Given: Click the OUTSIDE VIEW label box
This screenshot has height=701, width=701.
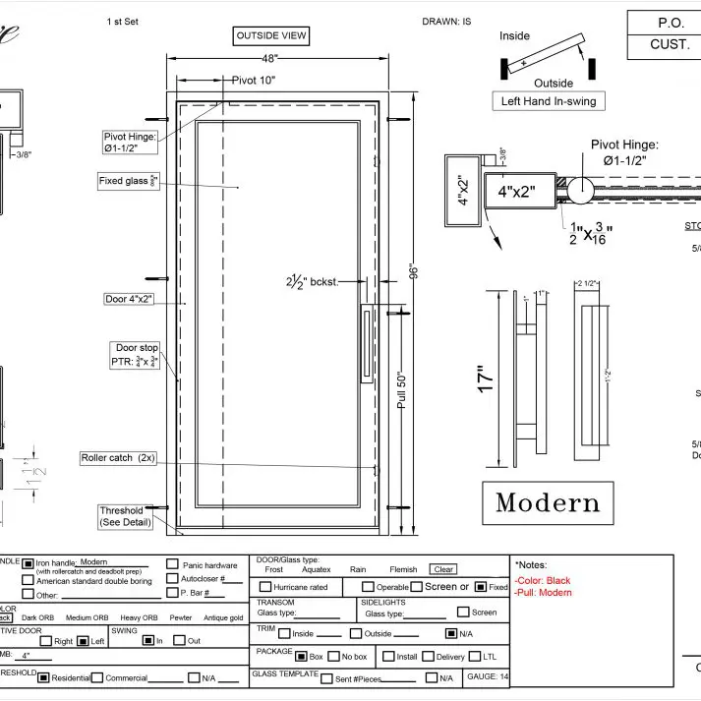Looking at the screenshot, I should pos(271,36).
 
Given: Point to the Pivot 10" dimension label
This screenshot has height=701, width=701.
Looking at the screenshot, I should pos(254,80).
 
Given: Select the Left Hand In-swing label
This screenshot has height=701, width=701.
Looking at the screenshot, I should pos(548,101).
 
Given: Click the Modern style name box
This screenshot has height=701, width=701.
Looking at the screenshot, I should pos(548,503).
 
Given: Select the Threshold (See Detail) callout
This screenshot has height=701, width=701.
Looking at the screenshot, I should pos(121,516).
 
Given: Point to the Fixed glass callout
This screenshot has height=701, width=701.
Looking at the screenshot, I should pos(127,181).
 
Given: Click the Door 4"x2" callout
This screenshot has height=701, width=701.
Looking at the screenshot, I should pos(129,299).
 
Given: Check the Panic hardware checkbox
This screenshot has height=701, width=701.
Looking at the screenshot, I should pos(172,565).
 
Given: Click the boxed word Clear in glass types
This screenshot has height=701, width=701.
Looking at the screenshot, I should pos(443,569).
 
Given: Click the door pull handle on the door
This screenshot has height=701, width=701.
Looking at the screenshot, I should pos(366,343).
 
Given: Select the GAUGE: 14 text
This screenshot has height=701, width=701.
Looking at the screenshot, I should pos(489,676).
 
